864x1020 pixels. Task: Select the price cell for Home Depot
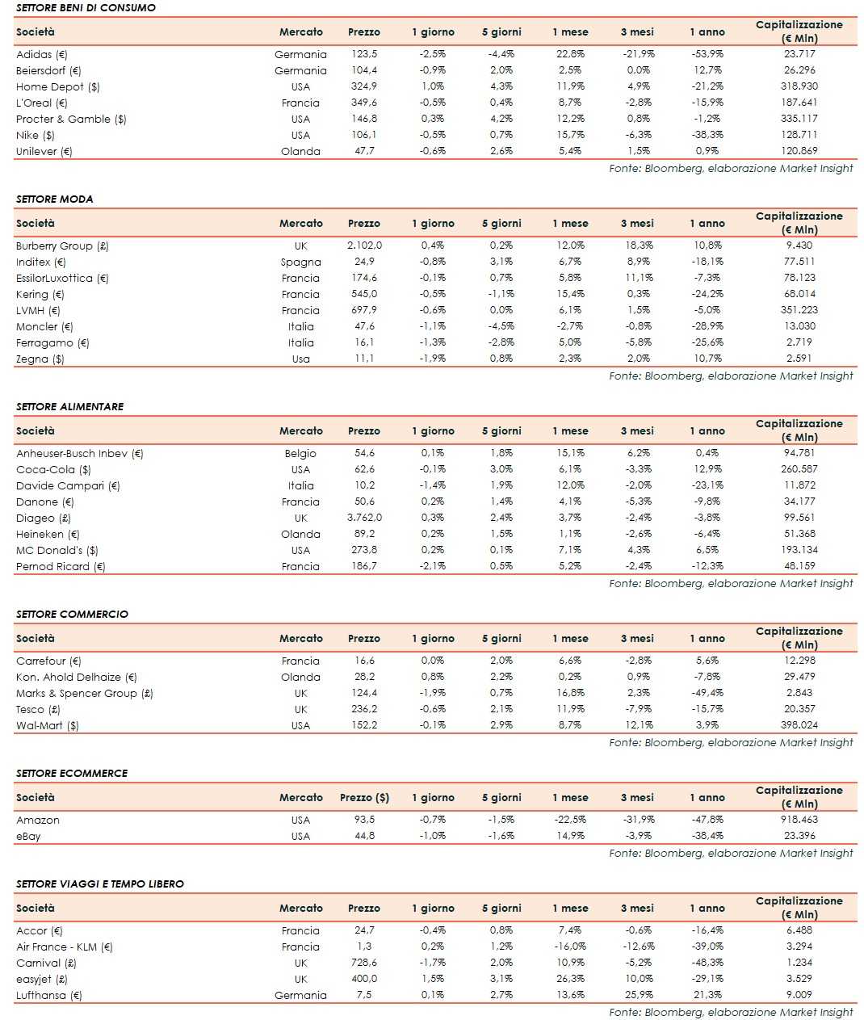coord(363,86)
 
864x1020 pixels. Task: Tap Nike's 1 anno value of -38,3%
coord(707,135)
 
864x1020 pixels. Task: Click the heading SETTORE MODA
coord(54,199)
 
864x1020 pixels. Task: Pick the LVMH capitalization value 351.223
coord(799,310)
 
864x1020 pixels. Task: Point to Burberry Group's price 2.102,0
coord(364,246)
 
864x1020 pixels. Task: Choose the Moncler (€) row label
coord(44,327)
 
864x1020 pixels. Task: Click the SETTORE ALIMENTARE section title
coord(69,406)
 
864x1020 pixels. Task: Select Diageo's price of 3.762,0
coord(364,518)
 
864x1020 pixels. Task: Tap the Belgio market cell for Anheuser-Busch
coord(300,454)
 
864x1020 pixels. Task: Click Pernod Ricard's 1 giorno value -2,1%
coord(433,566)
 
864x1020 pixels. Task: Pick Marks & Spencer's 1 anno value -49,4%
coord(707,693)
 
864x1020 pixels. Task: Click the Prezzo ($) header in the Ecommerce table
coord(364,798)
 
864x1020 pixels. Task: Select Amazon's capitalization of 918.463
coord(799,820)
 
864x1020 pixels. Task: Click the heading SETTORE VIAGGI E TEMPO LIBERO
coord(100,884)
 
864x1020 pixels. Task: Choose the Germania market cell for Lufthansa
coord(300,996)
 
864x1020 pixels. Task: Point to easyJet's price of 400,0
coord(364,979)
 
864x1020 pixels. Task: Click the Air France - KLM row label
coord(65,947)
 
